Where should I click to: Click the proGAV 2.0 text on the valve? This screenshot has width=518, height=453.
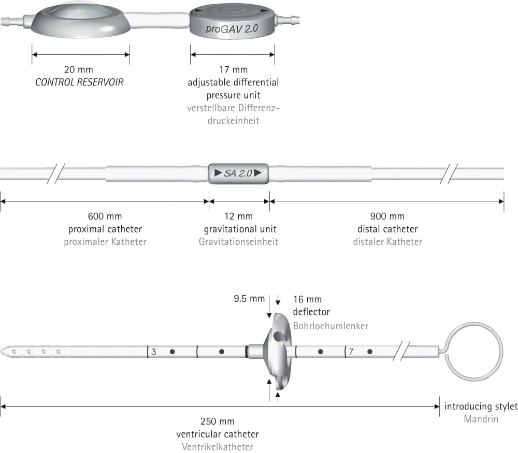click(232, 28)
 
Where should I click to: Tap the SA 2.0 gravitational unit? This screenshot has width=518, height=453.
click(238, 173)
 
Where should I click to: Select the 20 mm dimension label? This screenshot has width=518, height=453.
click(79, 70)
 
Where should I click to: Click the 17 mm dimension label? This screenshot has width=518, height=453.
click(233, 70)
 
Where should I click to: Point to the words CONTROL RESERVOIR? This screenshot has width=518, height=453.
click(79, 82)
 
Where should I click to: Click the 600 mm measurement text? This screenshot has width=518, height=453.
click(105, 216)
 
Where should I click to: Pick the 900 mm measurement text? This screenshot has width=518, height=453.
click(387, 216)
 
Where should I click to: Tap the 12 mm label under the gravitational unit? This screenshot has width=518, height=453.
click(238, 216)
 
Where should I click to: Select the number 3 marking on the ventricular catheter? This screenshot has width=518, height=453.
click(154, 352)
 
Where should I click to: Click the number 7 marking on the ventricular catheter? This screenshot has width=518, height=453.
click(351, 352)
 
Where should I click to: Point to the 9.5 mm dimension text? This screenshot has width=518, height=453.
click(250, 299)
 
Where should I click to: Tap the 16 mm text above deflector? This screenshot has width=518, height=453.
click(307, 299)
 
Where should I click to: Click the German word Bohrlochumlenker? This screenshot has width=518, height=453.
click(330, 326)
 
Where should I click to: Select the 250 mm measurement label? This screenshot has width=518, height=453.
click(218, 421)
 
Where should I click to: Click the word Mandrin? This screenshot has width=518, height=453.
click(481, 419)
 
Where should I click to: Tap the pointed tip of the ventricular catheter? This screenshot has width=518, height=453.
click(1, 352)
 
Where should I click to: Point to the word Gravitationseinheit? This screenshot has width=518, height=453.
click(238, 242)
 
